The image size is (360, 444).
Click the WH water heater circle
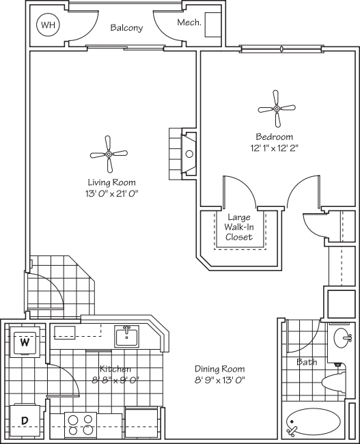pos(47,27)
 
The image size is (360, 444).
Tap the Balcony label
pos(126,28)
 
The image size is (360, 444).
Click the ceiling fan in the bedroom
pos(277,108)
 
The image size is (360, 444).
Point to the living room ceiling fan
pos(109,154)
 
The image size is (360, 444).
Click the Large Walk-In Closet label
pos(239,227)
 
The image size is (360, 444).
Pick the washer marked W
pos(25,342)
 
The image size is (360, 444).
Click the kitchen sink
pos(126,336)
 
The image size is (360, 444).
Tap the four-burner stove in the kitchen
pos(81,425)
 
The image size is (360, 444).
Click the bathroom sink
pos(343,337)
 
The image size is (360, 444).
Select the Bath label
pos(307,362)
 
